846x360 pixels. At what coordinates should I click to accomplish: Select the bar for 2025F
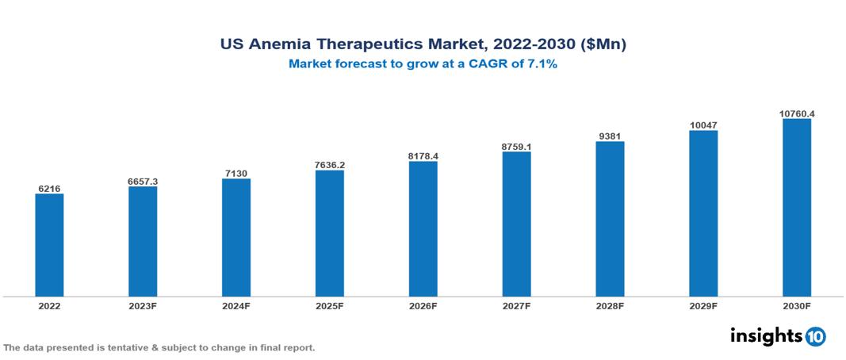click(329, 233)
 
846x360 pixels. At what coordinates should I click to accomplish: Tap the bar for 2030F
click(797, 208)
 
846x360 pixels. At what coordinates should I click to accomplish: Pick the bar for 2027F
click(516, 224)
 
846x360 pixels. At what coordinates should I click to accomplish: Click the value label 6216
click(49, 189)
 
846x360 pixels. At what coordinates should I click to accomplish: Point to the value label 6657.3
click(143, 182)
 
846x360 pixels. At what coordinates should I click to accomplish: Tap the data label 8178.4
click(423, 156)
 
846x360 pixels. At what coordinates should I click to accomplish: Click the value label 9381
click(610, 136)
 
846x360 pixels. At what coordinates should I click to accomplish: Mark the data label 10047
click(703, 125)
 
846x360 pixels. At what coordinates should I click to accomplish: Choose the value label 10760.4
click(797, 114)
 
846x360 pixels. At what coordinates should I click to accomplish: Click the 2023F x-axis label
click(143, 306)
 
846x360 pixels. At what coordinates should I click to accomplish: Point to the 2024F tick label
click(236, 306)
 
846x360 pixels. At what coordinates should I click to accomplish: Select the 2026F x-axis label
click(423, 306)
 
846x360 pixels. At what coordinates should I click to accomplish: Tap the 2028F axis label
click(610, 306)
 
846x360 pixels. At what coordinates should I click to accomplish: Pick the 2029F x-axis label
click(703, 306)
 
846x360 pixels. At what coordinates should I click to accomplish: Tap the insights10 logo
click(778, 335)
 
